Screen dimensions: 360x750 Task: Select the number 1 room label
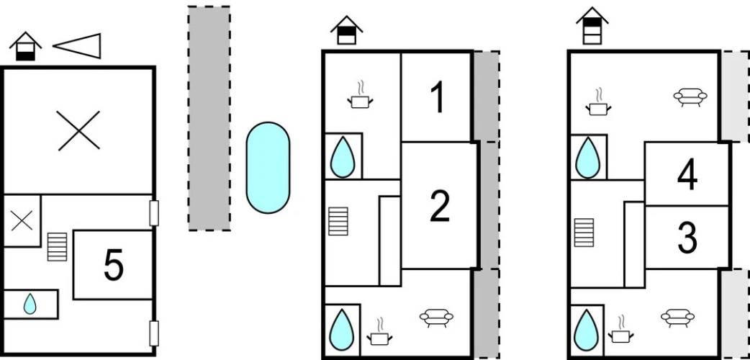436,99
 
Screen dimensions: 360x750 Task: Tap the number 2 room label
439,207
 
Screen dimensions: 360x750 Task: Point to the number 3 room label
687,238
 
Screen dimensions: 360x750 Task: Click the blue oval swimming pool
268,168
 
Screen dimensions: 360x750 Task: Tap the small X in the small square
22,221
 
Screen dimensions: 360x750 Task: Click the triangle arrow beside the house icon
77,45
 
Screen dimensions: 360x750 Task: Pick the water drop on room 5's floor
30,304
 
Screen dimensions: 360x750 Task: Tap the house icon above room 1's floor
346,30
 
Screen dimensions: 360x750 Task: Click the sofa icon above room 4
689,96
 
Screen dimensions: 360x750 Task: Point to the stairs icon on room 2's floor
338,221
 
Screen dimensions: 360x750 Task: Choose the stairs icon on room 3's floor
584,232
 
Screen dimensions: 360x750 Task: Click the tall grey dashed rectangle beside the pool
209,118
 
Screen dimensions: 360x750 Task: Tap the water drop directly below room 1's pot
343,156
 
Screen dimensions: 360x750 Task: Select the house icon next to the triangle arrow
25,47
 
